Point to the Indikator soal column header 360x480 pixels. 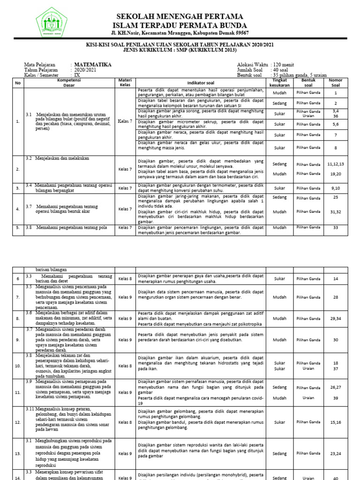point(201,82)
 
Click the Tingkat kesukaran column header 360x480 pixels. point(279,82)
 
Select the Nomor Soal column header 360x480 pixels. point(336,82)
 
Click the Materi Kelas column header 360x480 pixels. point(125,82)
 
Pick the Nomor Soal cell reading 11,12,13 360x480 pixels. point(336,164)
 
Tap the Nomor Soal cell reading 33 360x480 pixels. point(336,227)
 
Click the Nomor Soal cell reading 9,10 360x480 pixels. point(336,188)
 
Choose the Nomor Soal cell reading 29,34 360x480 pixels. point(336,318)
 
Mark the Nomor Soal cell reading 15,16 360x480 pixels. point(336,422)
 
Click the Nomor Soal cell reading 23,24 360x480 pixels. point(336,454)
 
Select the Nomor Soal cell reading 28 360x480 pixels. point(336,297)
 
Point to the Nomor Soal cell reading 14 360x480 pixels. point(336,279)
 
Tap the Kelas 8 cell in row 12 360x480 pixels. point(125,422)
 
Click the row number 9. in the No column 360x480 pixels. point(18,340)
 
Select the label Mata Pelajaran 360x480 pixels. point(39,65)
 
